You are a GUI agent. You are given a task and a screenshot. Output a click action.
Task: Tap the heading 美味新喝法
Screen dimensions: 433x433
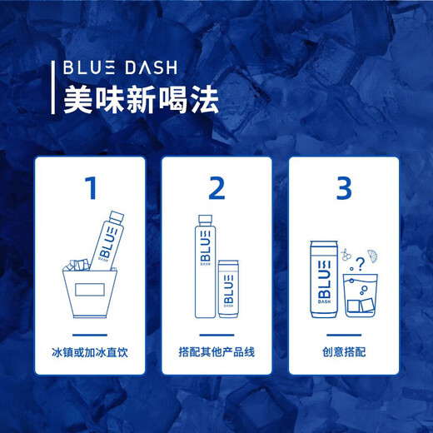tap(141, 101)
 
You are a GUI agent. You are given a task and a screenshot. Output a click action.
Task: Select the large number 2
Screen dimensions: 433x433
tap(217, 188)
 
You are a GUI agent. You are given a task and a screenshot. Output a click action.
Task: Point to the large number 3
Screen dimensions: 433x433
tap(343, 188)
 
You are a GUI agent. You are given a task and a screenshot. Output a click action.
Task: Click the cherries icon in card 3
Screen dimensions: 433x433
tap(349, 250)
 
